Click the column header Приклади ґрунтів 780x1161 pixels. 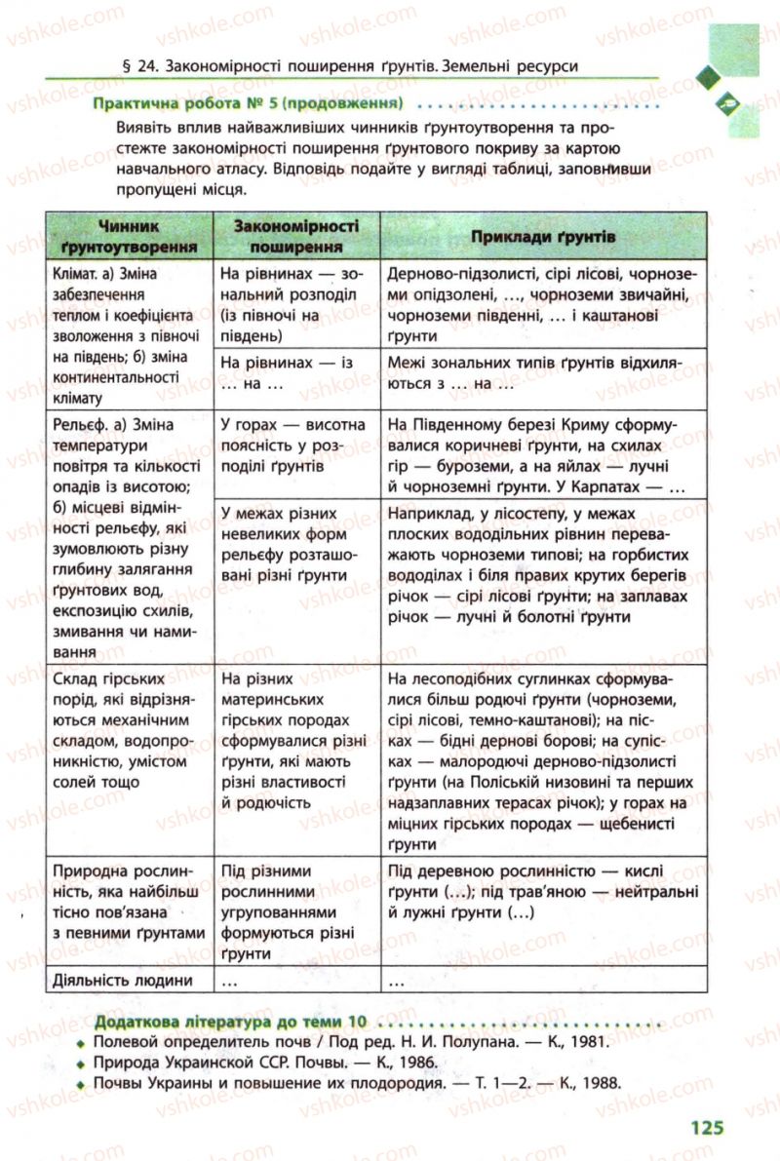click(543, 236)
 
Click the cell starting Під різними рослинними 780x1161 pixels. click(280, 912)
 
